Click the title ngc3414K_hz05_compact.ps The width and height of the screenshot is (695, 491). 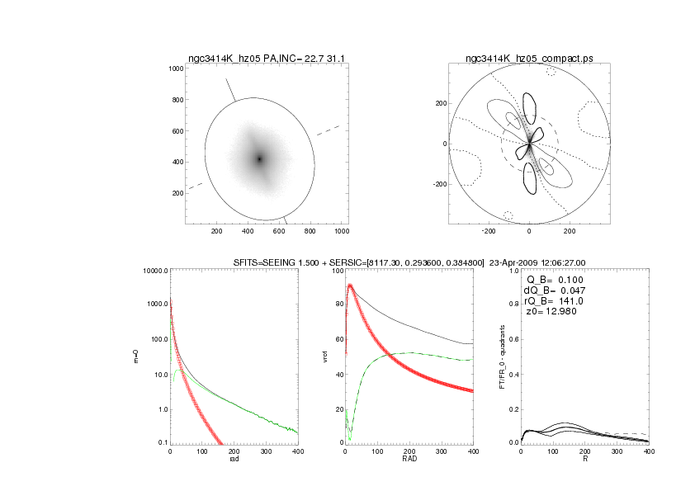pos(529,59)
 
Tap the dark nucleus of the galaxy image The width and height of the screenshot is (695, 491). pos(259,159)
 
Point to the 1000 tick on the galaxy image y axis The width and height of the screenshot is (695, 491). pos(174,69)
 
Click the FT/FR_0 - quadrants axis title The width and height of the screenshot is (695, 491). pos(502,356)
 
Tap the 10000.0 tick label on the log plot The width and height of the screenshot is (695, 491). pos(155,271)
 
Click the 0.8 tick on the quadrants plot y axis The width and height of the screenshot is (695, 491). pos(511,305)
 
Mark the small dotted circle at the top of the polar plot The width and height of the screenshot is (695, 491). pos(551,72)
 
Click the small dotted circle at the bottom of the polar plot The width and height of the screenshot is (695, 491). pos(508,215)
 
